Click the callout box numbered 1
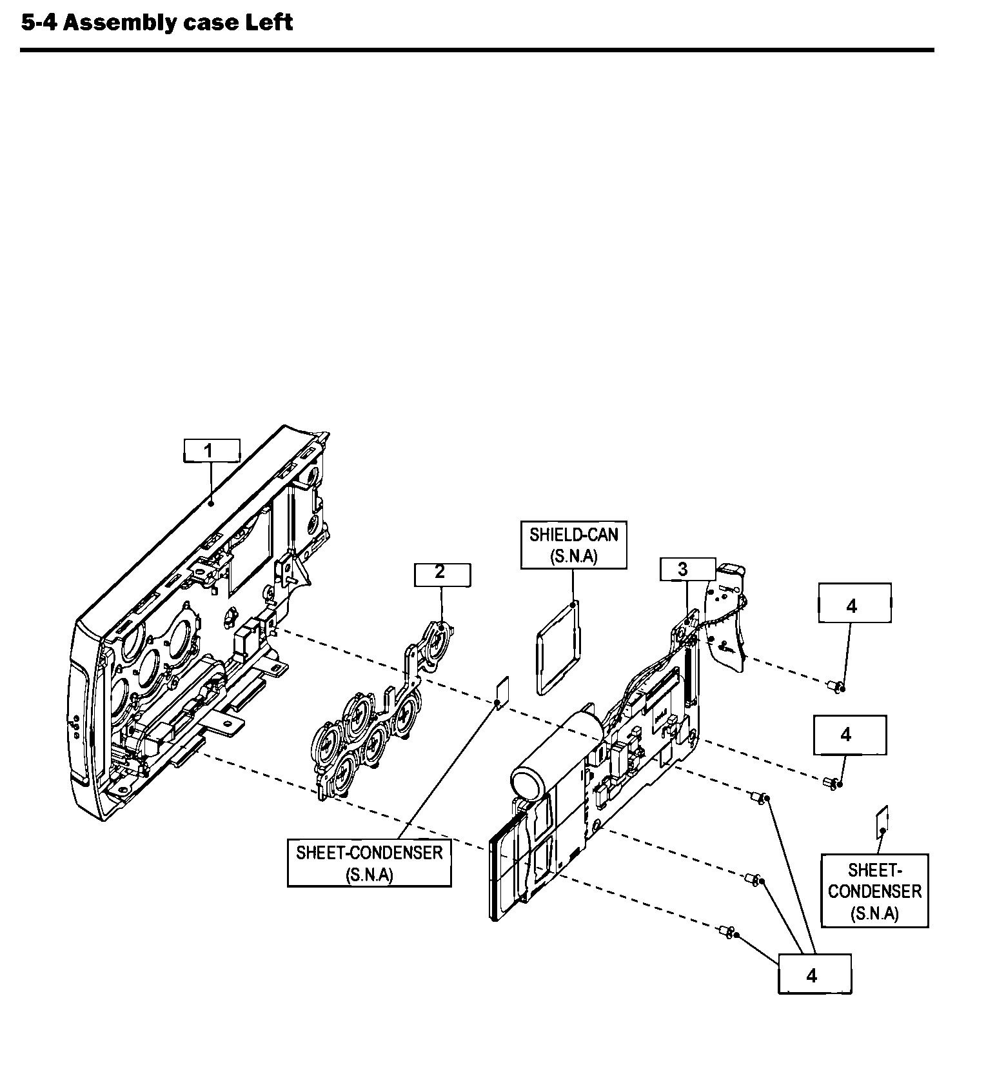point(212,450)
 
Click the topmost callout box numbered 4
point(854,603)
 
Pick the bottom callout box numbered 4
point(814,974)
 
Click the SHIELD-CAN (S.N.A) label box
point(573,545)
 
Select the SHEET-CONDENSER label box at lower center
point(369,863)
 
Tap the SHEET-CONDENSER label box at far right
point(874,891)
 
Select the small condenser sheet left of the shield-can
point(502,693)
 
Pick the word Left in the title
point(269,23)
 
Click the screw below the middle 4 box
point(832,784)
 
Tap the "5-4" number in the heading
point(39,23)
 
